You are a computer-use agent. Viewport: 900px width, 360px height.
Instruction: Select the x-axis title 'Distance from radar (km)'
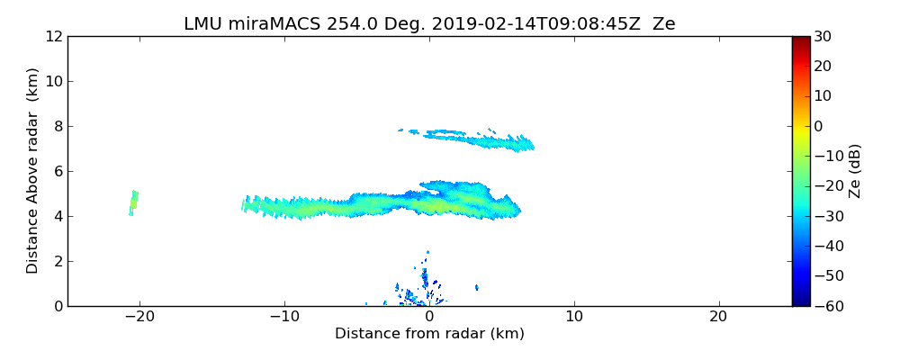[429, 334]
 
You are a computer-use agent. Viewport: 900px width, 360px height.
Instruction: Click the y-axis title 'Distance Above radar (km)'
[33, 170]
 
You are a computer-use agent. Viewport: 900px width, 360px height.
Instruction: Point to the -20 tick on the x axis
[139, 317]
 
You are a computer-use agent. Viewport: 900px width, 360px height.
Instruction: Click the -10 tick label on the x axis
[283, 317]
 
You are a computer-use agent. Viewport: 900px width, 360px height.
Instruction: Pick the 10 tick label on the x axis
[574, 317]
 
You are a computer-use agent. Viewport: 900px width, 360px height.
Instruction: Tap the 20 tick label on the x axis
[718, 317]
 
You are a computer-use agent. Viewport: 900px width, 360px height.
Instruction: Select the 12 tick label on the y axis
[54, 36]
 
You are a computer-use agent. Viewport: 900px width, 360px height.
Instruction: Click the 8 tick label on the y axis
[58, 126]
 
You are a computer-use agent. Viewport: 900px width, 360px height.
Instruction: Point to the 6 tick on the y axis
[58, 171]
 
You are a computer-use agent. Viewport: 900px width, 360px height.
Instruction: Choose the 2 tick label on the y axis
[58, 261]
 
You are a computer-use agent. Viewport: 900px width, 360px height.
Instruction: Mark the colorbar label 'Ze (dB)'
[855, 171]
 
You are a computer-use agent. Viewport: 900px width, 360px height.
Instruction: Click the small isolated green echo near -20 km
[133, 202]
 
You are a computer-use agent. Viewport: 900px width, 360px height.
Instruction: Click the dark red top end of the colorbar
[800, 40]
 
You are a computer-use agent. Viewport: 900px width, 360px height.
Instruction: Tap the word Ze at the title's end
[663, 24]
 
